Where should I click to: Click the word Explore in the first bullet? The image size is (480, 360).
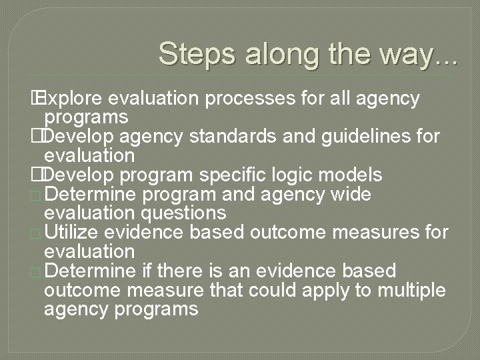71,99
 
